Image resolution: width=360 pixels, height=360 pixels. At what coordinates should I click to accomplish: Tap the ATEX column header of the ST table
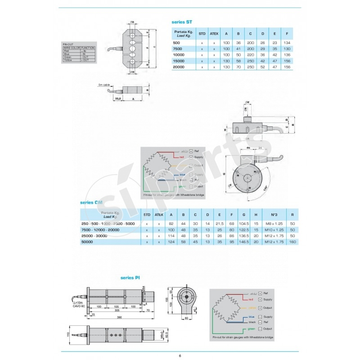[x=214, y=33]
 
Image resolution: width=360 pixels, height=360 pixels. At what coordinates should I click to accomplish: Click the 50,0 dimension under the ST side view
[x=118, y=98]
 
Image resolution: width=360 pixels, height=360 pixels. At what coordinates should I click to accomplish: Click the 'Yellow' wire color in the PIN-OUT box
[x=68, y=60]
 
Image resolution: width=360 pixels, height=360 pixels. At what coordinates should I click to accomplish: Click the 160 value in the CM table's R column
[x=292, y=241]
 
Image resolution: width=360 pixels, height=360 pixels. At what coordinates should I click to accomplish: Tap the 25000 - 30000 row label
[x=94, y=235]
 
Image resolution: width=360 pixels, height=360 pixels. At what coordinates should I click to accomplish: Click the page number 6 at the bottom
[x=180, y=355]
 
